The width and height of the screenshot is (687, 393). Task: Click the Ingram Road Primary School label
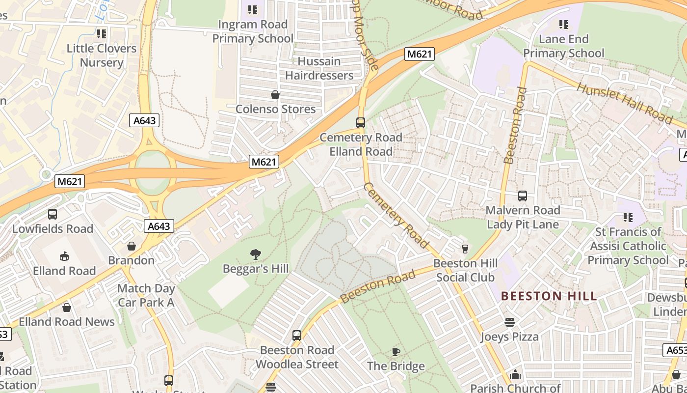(253, 31)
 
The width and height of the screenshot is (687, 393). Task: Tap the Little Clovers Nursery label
(102, 56)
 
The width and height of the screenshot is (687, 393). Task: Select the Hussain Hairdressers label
(319, 68)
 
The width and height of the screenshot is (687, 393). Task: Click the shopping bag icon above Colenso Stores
(275, 95)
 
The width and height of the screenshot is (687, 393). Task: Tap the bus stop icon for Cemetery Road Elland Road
(361, 123)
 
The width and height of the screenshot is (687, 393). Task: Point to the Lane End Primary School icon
(564, 24)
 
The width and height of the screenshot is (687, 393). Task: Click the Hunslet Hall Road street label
(624, 103)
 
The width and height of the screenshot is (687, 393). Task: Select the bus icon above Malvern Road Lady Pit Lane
(523, 196)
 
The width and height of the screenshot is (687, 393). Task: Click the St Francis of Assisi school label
(628, 246)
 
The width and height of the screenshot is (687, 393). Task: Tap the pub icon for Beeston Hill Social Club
(465, 249)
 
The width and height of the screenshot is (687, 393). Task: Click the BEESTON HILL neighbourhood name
(549, 296)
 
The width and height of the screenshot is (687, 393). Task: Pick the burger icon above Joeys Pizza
(510, 322)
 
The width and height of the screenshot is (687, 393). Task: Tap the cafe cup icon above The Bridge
(396, 352)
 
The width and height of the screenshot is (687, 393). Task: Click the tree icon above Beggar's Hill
(255, 254)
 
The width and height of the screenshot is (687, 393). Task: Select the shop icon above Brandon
(131, 246)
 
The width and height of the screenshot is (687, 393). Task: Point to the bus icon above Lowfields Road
(53, 214)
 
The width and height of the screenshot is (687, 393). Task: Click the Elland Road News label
(67, 322)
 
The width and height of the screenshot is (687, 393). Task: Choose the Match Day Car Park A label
(146, 295)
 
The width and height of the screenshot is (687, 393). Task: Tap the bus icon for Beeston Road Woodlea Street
(297, 336)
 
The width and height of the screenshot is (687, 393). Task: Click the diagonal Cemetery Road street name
(396, 214)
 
